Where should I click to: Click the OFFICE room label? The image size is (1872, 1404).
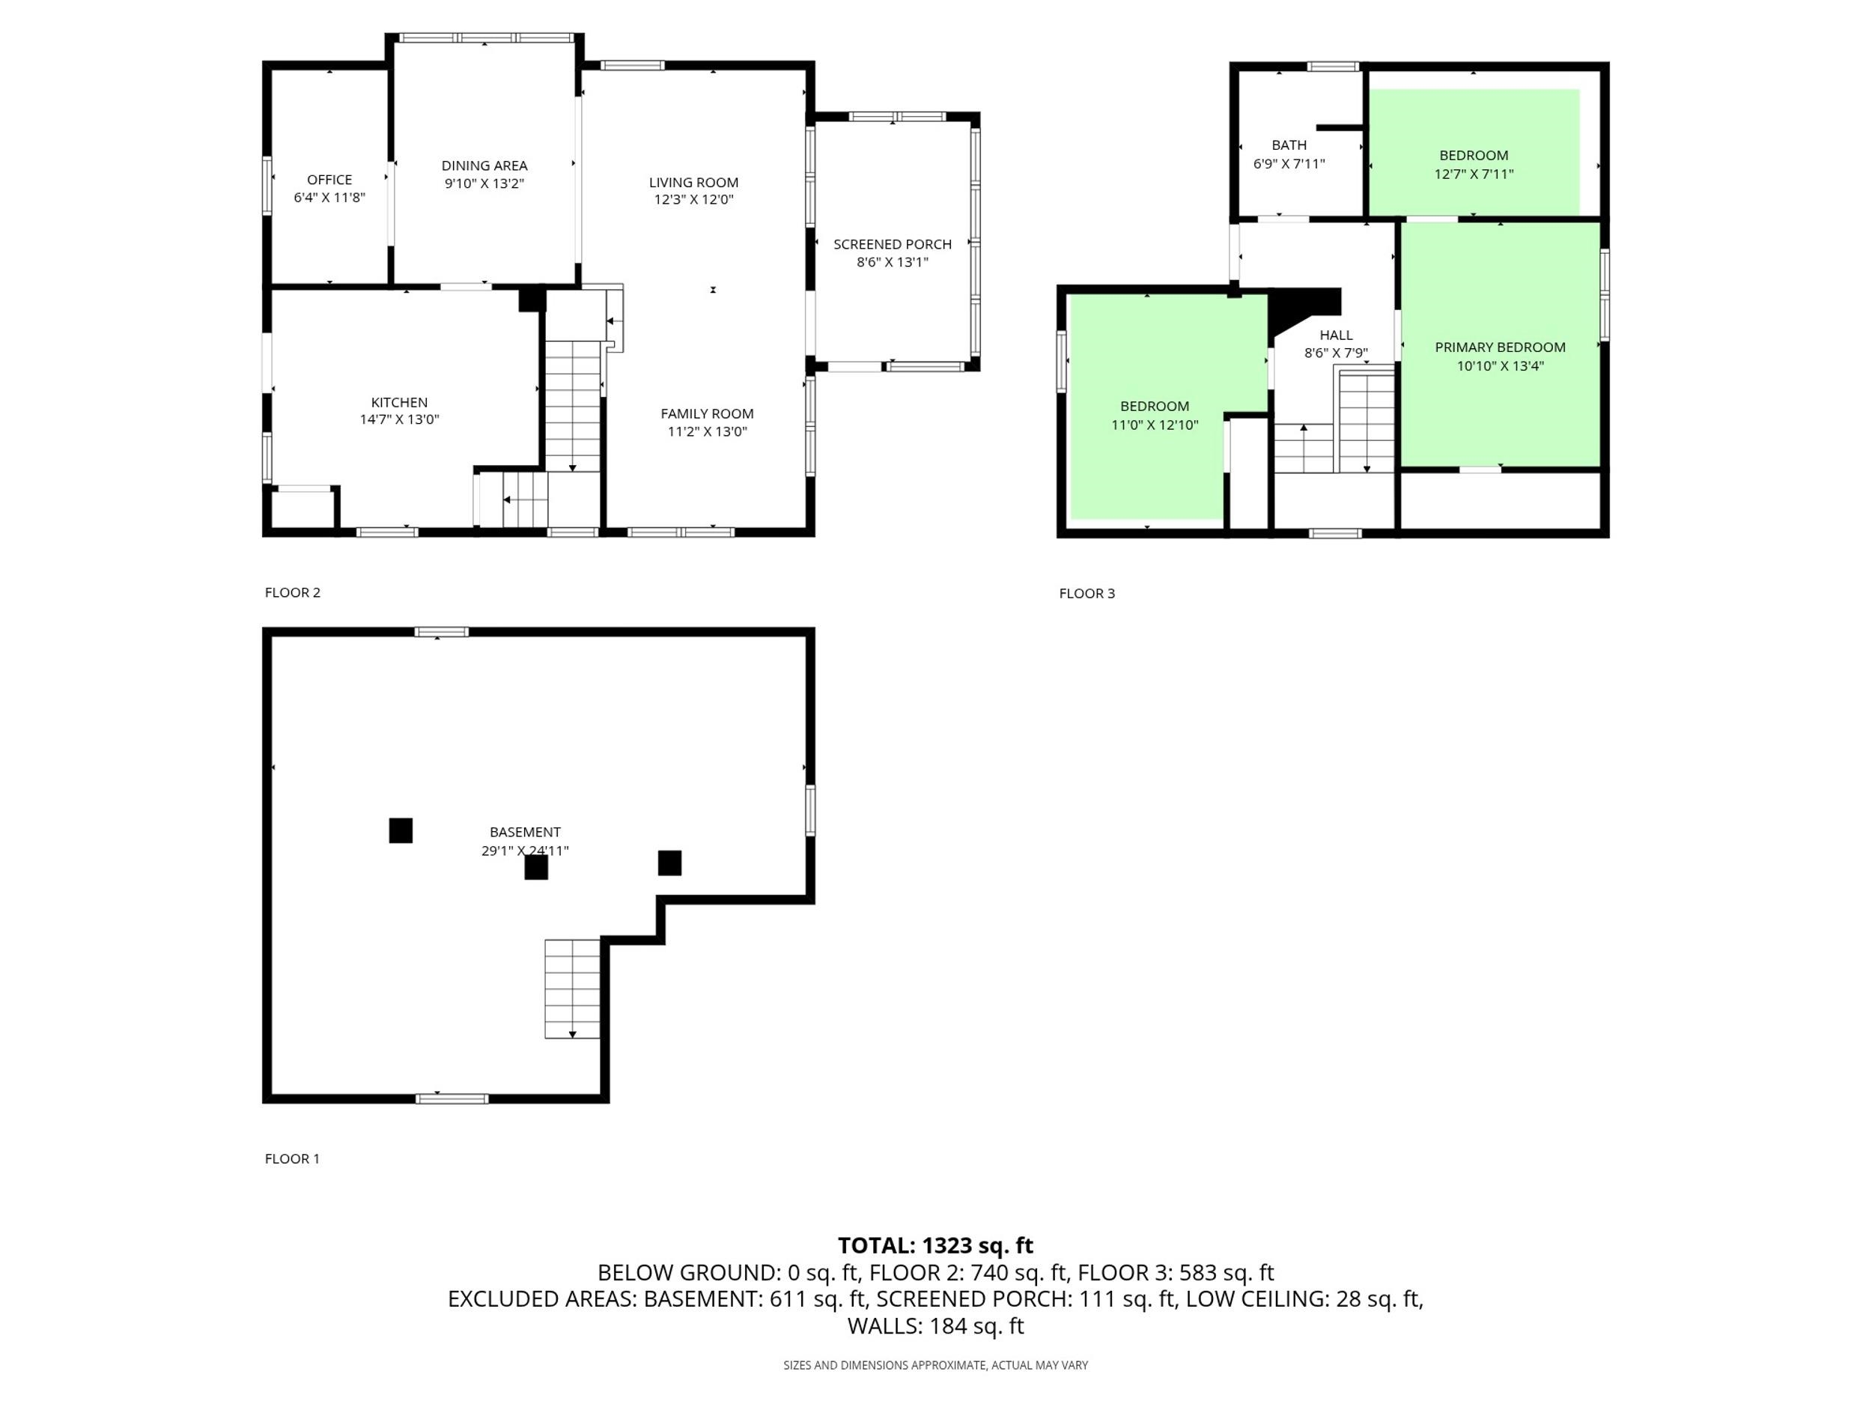point(329,180)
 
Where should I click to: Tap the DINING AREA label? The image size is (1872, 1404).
point(484,166)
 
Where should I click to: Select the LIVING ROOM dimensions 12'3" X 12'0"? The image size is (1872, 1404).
point(693,200)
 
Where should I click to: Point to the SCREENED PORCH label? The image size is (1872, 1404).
point(892,245)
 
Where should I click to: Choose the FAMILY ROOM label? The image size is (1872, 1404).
point(707,414)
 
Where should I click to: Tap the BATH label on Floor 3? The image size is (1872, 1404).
point(1289,145)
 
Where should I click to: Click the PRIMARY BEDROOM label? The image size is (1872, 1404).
point(1500,347)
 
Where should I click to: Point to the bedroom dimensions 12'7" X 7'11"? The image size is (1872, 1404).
point(1474,174)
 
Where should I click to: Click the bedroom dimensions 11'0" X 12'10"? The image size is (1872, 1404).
point(1155,425)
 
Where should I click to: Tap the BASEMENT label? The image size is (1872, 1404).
point(525,832)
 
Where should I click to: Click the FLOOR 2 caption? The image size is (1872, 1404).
point(293,592)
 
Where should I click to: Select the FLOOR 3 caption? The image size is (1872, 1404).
point(1087,593)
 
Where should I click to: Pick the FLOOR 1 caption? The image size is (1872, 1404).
point(292,1158)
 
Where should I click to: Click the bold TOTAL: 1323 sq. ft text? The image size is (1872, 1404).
point(935,1246)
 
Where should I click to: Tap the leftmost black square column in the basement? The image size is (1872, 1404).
point(401,830)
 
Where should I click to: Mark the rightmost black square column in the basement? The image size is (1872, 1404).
point(669,863)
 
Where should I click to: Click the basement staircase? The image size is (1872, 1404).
point(572,988)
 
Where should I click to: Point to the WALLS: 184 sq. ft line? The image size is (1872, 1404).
point(935,1326)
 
